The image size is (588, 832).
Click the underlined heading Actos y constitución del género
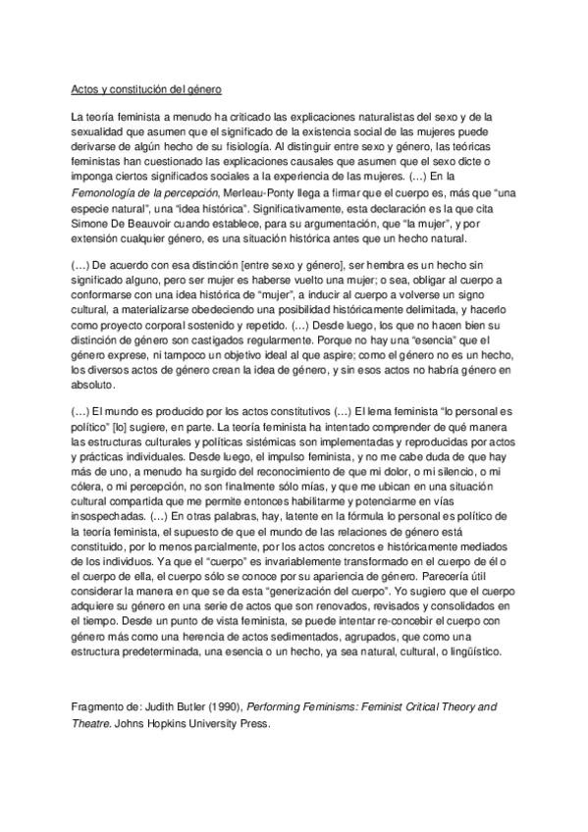pyautogui.click(x=147, y=90)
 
